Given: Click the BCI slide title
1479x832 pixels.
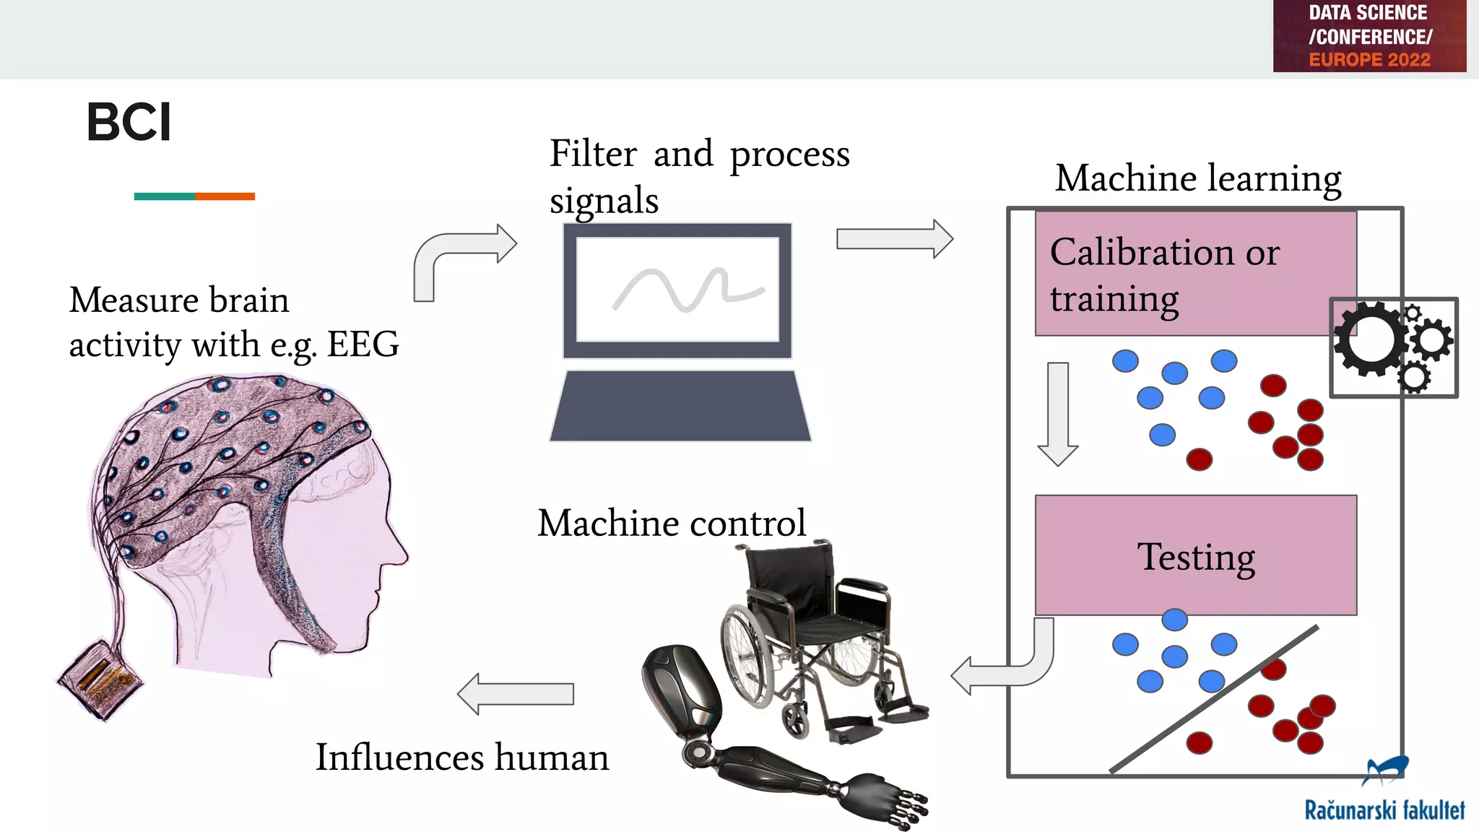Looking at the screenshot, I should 129,122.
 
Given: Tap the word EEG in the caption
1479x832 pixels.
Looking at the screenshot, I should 363,344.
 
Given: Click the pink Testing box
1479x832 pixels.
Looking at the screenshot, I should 1195,555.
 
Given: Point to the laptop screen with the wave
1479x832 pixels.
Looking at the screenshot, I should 677,290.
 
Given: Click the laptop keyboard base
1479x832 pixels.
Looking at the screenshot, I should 680,407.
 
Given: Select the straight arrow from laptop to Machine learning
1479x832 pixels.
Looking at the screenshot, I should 894,239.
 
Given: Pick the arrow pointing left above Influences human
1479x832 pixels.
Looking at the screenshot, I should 516,694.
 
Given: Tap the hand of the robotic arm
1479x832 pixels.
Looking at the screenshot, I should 892,799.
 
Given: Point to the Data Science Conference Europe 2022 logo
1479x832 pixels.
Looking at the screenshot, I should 1369,36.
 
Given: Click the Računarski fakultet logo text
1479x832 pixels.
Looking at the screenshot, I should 1384,810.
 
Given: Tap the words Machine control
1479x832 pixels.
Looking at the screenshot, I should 671,523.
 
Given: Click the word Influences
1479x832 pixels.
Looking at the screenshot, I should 399,758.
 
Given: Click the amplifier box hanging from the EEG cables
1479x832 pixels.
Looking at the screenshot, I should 99,680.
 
